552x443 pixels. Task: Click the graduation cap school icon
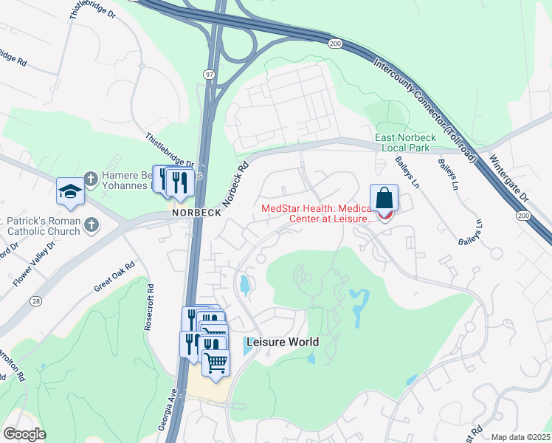pos(70,190)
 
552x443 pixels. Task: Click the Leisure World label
pos(283,342)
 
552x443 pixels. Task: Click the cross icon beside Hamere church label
pos(90,178)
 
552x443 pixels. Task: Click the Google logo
pos(24,434)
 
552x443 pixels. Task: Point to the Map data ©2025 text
pos(520,437)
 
